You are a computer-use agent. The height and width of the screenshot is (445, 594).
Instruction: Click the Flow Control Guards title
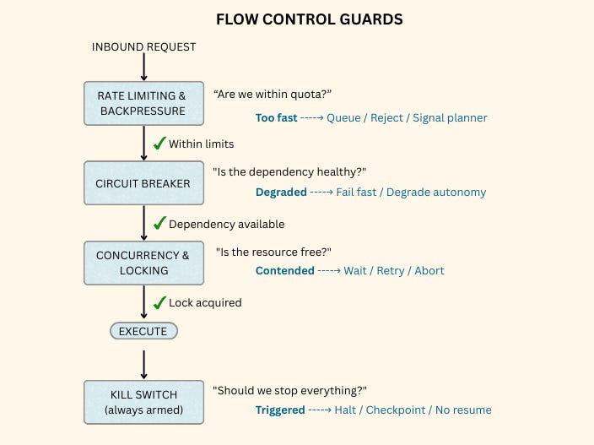(x=309, y=19)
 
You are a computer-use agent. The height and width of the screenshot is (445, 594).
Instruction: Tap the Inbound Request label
(x=143, y=47)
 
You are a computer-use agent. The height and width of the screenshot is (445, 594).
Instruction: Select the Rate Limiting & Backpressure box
(x=143, y=104)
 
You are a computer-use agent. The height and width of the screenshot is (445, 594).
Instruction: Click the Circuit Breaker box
(x=143, y=183)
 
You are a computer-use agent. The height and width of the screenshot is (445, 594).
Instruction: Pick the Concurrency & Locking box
(x=143, y=263)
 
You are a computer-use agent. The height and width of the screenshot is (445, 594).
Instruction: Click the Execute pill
(x=143, y=331)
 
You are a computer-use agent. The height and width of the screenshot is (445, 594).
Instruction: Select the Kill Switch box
(x=143, y=402)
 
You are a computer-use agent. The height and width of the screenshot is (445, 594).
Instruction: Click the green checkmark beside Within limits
(x=159, y=143)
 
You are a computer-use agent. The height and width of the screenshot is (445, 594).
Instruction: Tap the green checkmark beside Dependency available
(x=159, y=223)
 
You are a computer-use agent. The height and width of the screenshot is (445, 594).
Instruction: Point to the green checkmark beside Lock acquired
(x=159, y=301)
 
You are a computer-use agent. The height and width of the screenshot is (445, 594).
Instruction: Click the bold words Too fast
(x=276, y=118)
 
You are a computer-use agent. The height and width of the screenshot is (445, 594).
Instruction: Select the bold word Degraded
(x=281, y=193)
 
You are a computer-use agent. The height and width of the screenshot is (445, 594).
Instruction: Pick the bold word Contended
(x=285, y=271)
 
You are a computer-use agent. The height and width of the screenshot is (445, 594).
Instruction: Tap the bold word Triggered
(x=280, y=410)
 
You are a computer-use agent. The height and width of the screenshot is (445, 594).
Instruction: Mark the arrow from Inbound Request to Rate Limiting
(x=144, y=68)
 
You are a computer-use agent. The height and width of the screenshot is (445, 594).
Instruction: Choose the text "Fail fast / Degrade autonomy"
(x=411, y=193)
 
